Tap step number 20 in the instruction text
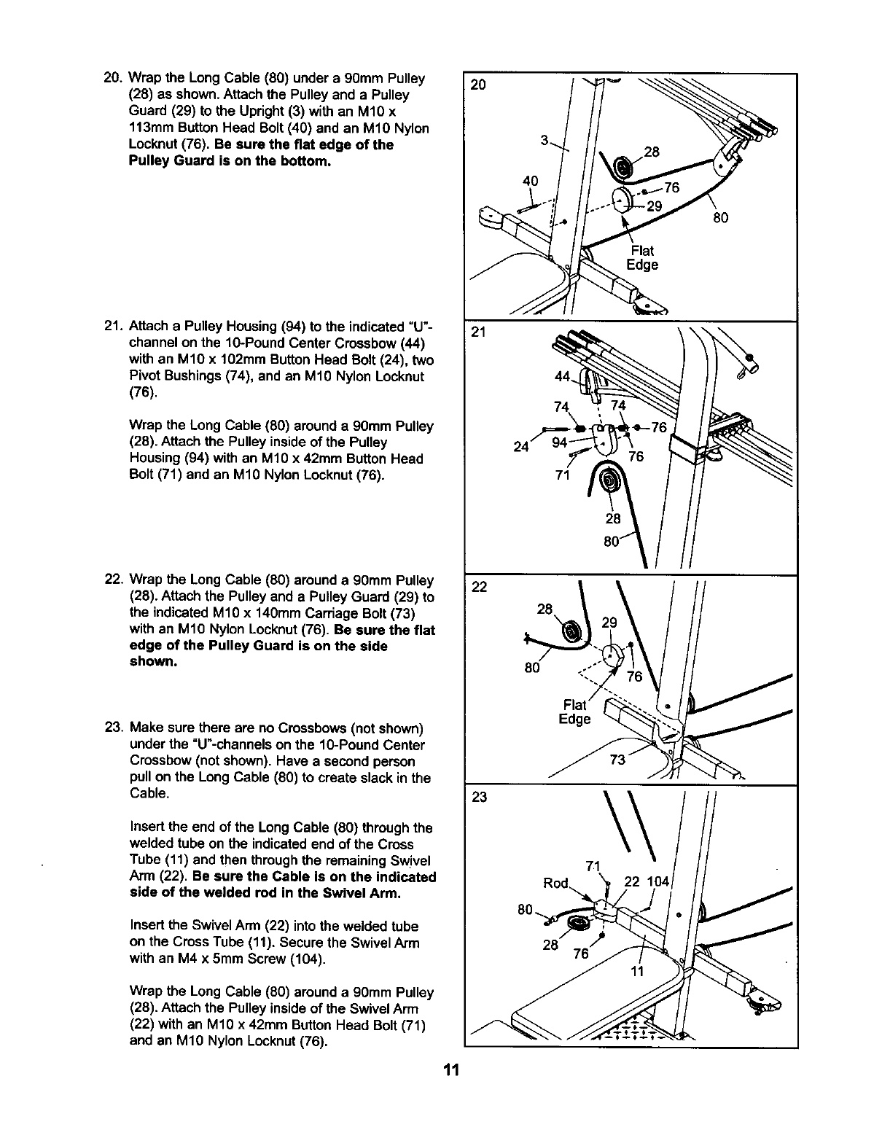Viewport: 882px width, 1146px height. pyautogui.click(x=113, y=78)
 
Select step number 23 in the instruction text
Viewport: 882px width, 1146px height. pyautogui.click(x=113, y=728)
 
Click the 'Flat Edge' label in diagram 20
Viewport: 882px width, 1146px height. pyautogui.click(x=642, y=257)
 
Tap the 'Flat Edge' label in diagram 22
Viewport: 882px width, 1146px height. pyautogui.click(x=574, y=712)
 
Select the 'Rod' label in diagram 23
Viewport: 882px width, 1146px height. pyautogui.click(x=555, y=884)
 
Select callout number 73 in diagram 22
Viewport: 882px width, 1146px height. pyautogui.click(x=617, y=760)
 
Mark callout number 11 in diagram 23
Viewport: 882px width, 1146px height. pyautogui.click(x=637, y=970)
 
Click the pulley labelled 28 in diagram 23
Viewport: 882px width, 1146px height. pyautogui.click(x=581, y=924)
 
